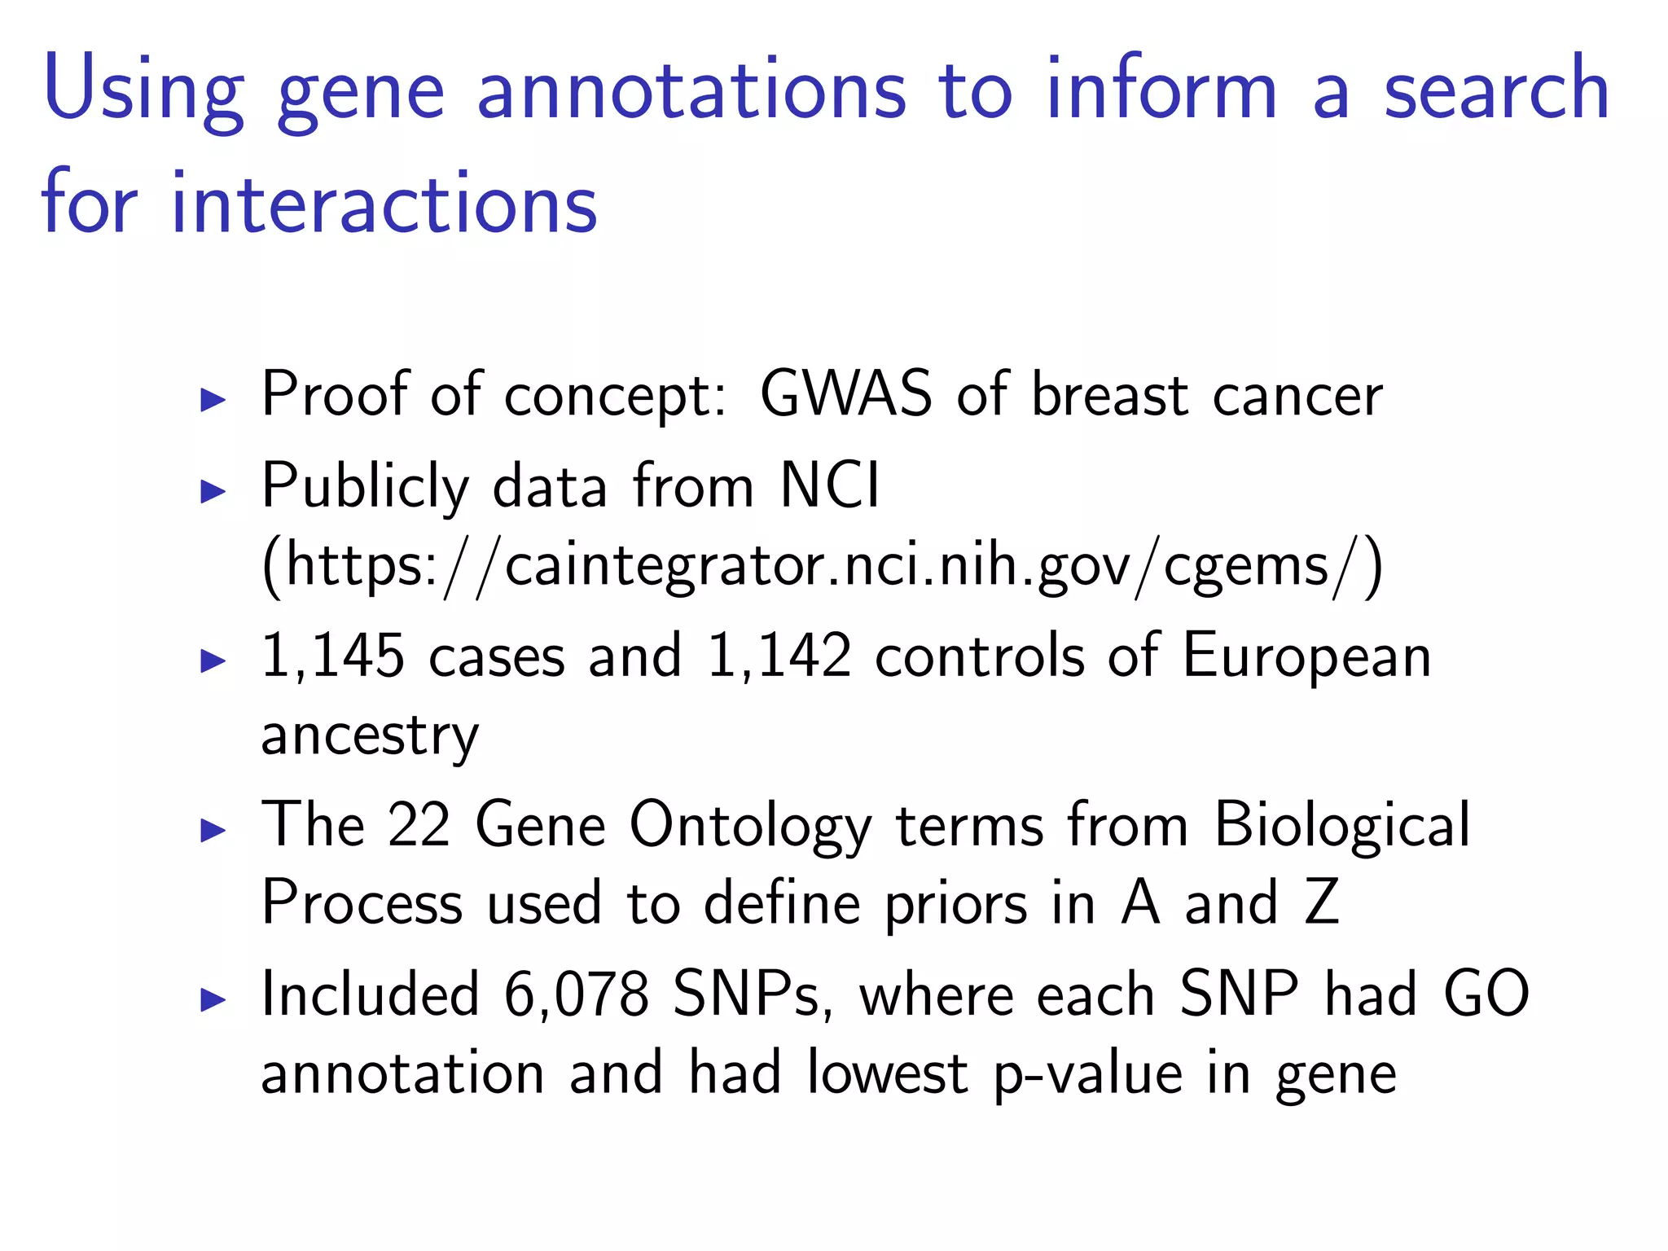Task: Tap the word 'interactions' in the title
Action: coord(384,204)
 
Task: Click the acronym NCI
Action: coord(829,486)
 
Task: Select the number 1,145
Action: coord(332,656)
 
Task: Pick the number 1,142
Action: coord(779,656)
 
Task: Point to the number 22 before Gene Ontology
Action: coord(419,826)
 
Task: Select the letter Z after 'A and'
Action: coord(1321,904)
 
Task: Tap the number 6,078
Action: coord(576,995)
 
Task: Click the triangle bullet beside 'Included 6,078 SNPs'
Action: coord(213,999)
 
